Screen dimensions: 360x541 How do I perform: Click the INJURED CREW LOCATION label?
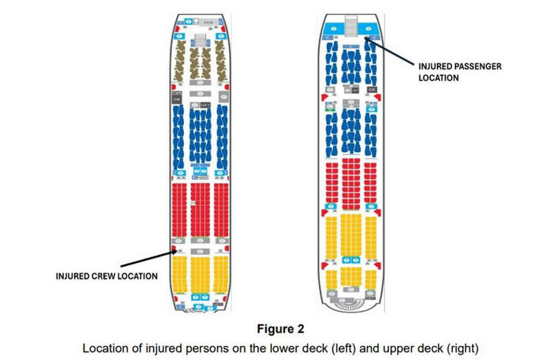(106, 276)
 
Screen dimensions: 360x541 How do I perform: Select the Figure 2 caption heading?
(280, 329)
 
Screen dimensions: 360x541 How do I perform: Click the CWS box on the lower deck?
(177, 93)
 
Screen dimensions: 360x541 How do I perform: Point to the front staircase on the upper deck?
(350, 27)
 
